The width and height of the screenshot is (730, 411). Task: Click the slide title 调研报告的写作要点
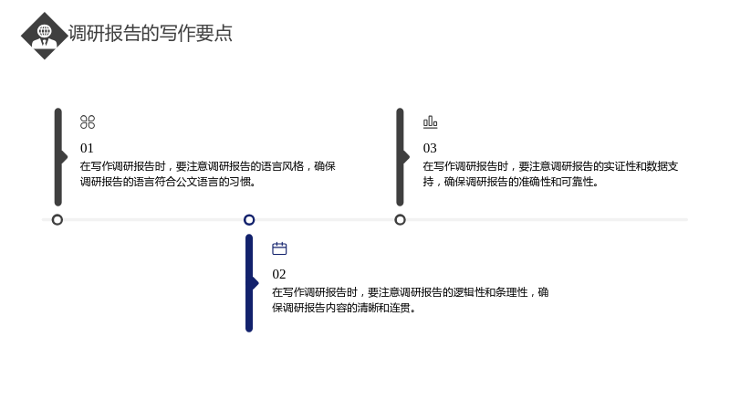[x=151, y=33]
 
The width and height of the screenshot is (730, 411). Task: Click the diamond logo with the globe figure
[x=44, y=36]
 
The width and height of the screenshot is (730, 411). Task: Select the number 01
[x=87, y=148]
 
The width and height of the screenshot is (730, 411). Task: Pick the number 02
[x=279, y=274]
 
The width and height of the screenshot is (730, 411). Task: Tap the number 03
[x=430, y=148]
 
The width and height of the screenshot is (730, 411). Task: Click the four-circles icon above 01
[x=88, y=122]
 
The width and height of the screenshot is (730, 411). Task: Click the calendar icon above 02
[x=279, y=248]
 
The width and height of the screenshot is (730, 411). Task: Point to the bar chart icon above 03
[x=430, y=122]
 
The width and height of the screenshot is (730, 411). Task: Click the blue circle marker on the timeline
[x=249, y=220]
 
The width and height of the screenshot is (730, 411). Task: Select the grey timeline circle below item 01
[x=57, y=220]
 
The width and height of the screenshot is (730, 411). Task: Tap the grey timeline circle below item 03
[x=400, y=220]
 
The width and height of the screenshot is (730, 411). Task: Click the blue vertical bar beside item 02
[x=249, y=283]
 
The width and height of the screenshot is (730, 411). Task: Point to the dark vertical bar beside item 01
[x=58, y=157]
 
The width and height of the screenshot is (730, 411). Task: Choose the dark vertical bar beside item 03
[x=401, y=157]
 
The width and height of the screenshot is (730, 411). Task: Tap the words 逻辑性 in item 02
[x=469, y=292]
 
